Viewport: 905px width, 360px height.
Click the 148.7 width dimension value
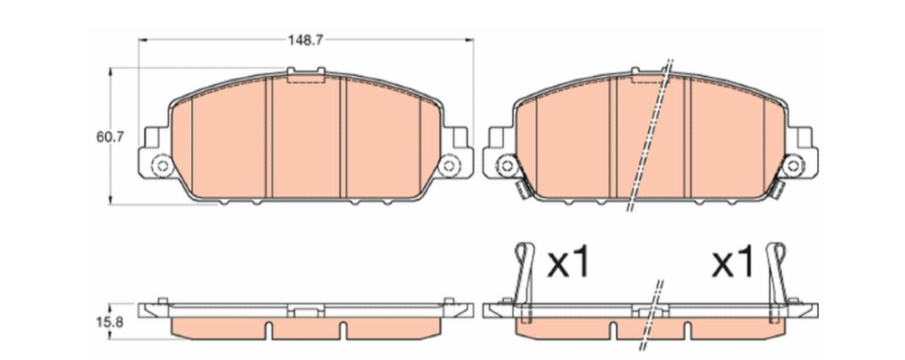click(x=305, y=40)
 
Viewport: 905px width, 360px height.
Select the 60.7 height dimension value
click(x=110, y=137)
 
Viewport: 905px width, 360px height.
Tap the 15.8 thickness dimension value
click(x=110, y=322)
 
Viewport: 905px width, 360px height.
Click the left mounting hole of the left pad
click(x=162, y=166)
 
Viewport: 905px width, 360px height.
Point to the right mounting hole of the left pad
click(x=449, y=166)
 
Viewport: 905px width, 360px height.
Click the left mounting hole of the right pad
click(x=507, y=166)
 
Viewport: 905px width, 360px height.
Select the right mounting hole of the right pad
click(x=793, y=166)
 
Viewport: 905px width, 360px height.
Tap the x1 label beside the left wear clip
click(x=569, y=261)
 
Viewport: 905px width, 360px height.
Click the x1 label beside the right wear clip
click(x=732, y=261)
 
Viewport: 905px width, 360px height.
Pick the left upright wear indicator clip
click(x=525, y=282)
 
